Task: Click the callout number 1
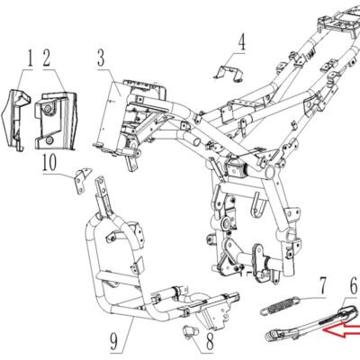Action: (30, 58)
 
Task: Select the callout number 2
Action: (47, 58)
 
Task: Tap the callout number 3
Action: (101, 58)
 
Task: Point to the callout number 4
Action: (242, 42)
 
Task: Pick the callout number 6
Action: (355, 286)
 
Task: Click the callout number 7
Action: (322, 286)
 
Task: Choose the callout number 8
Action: (210, 342)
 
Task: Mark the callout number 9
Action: (114, 342)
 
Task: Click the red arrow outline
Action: (342, 330)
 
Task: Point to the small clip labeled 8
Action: (191, 331)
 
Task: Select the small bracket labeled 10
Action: (82, 180)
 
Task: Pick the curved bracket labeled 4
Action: (229, 73)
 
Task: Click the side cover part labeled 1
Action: (15, 120)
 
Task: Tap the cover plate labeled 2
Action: (56, 121)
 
